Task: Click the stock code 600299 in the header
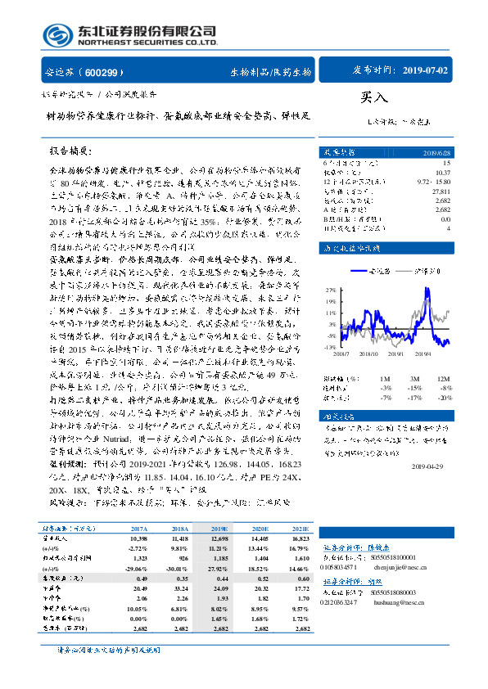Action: [99, 71]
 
